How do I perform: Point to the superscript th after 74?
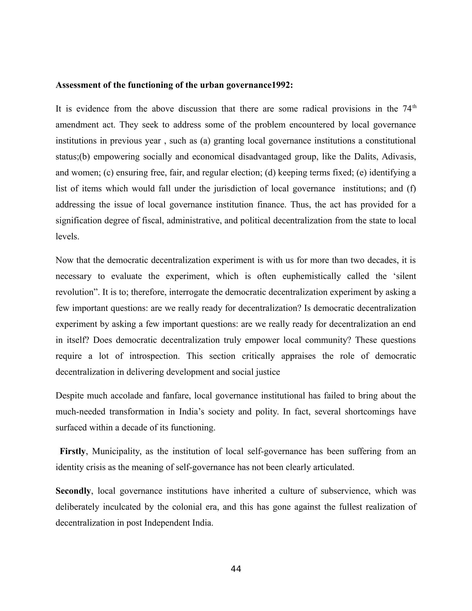[414, 106]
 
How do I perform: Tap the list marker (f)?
[411, 189]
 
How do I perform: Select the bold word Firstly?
[72, 452]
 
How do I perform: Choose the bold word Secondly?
[73, 491]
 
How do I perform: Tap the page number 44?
[236, 569]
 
